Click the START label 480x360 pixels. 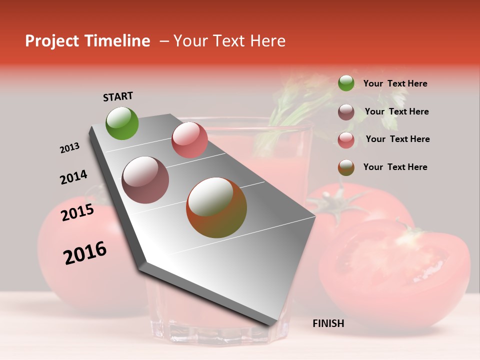tap(118, 96)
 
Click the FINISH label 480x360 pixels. tap(328, 323)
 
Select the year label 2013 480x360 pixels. tap(69, 148)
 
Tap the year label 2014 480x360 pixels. tap(73, 177)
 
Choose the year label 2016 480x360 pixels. tap(85, 253)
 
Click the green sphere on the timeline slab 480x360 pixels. tap(122, 123)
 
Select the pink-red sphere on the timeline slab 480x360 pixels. tap(189, 140)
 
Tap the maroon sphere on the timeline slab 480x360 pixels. tap(145, 180)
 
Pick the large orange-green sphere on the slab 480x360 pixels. tap(216, 207)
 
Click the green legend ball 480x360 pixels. tap(346, 83)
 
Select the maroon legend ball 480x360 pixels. tap(346, 112)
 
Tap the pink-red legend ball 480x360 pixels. tap(346, 140)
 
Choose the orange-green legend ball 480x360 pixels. tap(346, 167)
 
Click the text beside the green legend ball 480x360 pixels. tap(395, 84)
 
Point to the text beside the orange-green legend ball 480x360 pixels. tap(395, 167)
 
